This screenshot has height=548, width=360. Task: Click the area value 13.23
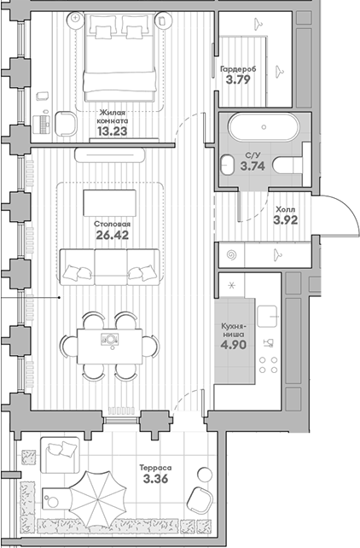112,131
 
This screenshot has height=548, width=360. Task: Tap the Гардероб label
238,69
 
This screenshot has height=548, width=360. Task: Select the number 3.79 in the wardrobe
238,79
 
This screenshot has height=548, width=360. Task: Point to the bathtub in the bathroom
264,127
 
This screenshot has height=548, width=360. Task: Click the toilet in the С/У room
287,165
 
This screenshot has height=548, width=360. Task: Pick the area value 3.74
253,166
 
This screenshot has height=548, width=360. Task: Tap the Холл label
286,210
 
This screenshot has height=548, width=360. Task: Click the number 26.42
112,235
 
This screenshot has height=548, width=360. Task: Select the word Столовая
112,224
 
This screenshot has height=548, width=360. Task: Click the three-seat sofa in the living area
110,267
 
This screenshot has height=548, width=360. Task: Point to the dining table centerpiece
110,340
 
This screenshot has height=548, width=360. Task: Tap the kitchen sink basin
267,317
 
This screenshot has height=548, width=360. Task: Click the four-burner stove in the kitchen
269,364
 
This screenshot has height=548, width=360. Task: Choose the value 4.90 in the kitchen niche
233,345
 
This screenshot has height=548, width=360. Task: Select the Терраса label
156,468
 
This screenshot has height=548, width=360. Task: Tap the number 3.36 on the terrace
156,479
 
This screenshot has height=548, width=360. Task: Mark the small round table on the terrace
205,475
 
